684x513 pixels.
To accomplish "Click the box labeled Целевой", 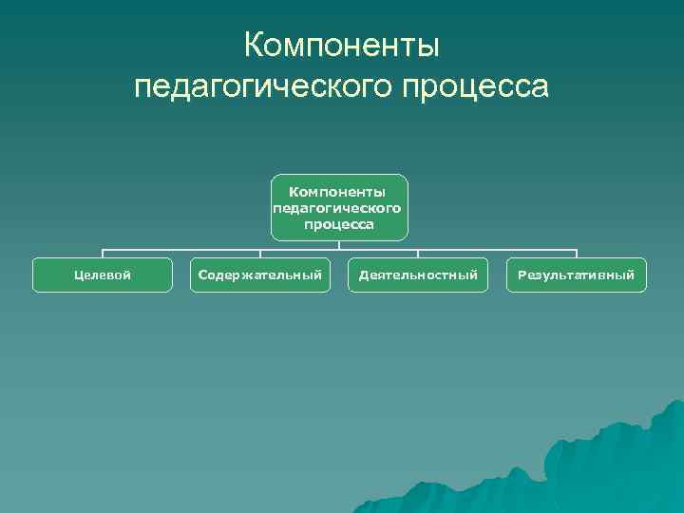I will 103,275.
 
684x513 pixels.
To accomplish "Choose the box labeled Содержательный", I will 260,275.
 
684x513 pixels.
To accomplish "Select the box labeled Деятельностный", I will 418,275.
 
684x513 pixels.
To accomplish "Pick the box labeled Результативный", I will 576,275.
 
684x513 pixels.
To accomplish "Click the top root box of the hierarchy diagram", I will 339,206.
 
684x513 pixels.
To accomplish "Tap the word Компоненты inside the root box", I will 339,191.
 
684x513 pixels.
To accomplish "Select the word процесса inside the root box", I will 339,224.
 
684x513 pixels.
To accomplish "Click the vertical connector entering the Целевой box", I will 103,254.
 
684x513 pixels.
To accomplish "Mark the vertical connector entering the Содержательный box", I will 260,254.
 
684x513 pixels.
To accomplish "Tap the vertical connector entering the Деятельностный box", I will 418,254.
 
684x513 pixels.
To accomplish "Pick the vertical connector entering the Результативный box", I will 576,254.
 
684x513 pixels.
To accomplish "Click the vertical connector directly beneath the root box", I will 339,244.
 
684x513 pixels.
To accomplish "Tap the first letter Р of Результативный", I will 522,275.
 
